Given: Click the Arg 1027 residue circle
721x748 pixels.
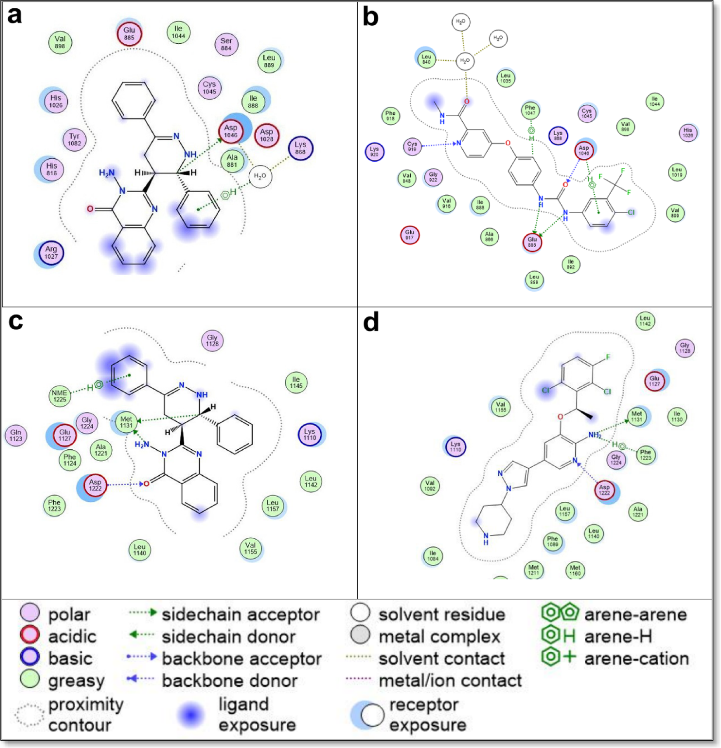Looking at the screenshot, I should (51, 253).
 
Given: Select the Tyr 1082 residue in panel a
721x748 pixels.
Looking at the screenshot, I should (74, 139).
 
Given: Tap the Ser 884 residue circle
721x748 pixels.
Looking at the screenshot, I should (226, 44).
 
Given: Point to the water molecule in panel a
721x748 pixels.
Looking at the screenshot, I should (260, 176).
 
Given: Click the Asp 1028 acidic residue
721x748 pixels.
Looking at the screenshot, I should (267, 135).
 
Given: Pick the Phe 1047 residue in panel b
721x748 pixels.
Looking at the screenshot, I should (530, 110).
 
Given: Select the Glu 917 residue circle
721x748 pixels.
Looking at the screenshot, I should (409, 235).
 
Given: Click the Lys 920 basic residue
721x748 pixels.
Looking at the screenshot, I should (374, 152).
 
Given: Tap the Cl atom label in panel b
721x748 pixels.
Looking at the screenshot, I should (631, 212).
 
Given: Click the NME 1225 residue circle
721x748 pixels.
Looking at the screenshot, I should (59, 396).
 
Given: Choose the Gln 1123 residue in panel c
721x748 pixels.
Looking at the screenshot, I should (16, 435).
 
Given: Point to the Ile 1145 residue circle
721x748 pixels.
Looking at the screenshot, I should (296, 382).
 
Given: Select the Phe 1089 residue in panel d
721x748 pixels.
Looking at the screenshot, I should (552, 541).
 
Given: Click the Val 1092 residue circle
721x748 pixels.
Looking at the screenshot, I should (430, 486).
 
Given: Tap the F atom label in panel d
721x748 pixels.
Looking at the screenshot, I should (608, 357).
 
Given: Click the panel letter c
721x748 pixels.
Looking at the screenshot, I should (16, 321).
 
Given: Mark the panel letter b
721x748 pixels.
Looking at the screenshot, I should (370, 17).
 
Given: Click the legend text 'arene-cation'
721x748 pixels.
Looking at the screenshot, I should (636, 659).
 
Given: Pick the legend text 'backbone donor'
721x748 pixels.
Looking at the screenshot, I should (229, 681).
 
